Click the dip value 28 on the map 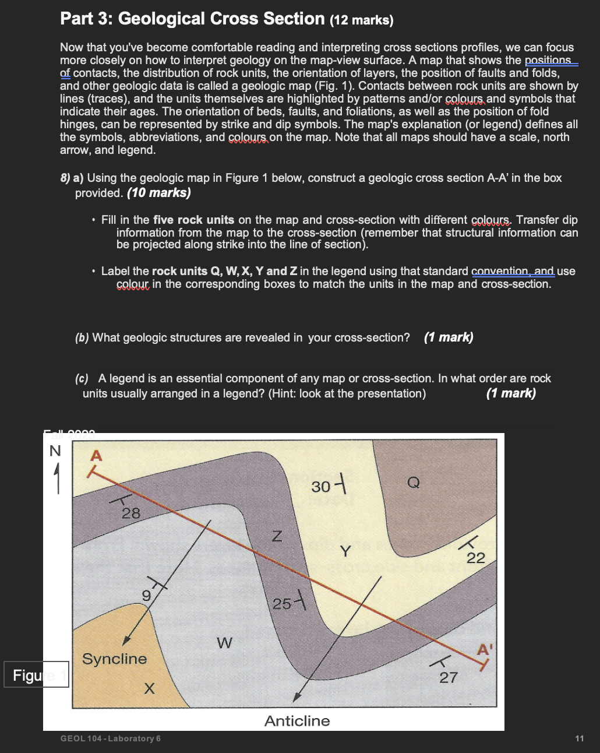(x=130, y=513)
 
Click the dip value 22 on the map (x=476, y=558)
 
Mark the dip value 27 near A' (x=449, y=677)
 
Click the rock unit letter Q (x=414, y=482)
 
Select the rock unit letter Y (x=345, y=551)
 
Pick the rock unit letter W (x=224, y=643)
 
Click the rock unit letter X (x=149, y=689)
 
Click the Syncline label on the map (x=115, y=659)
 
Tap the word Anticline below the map (x=297, y=721)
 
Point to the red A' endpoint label (x=485, y=649)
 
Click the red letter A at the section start (x=96, y=456)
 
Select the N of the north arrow (x=55, y=451)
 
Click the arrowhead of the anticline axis (x=297, y=697)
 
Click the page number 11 (x=578, y=738)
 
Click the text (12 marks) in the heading (x=362, y=20)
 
